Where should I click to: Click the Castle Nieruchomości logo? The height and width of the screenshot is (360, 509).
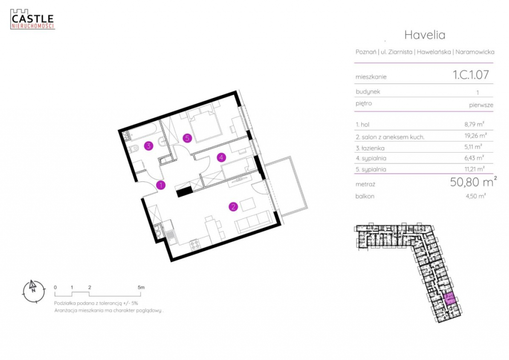[x=32, y=19]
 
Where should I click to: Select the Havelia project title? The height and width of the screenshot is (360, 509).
[x=424, y=35]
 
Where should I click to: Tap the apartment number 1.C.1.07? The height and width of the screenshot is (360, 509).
[x=471, y=75]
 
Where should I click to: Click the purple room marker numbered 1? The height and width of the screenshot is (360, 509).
[x=161, y=185]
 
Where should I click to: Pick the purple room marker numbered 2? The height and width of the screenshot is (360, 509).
[x=233, y=206]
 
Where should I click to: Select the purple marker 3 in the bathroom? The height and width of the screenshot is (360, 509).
[x=149, y=146]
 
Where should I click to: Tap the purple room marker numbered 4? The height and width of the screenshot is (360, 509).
[x=221, y=158]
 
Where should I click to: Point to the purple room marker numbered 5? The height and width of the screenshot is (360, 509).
[x=187, y=138]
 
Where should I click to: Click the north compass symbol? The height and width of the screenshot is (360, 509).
[x=33, y=291]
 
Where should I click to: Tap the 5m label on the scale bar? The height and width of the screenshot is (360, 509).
[x=141, y=287]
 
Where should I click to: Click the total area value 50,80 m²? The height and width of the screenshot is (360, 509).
[x=473, y=182]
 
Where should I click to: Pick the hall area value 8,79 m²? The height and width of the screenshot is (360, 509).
[x=474, y=124]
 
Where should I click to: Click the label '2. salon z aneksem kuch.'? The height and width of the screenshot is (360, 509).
[x=390, y=137]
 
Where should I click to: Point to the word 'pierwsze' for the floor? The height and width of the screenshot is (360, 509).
[x=481, y=105]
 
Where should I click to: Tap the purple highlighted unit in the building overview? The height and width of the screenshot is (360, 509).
[x=449, y=298]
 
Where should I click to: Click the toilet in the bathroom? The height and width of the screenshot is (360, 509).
[x=134, y=149]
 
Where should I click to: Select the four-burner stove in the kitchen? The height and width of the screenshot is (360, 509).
[x=195, y=244]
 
